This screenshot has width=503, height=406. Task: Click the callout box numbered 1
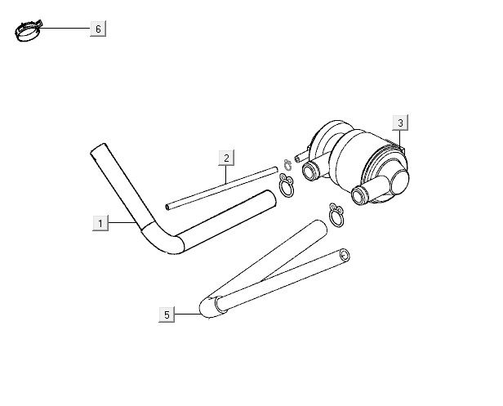tap(100, 223)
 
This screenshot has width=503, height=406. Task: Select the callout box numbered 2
tap(226, 158)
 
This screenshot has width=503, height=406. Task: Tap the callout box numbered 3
tap(400, 123)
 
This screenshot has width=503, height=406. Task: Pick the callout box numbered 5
tap(167, 315)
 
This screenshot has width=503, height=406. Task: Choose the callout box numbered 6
tap(98, 29)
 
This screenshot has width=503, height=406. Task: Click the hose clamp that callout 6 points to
tap(28, 30)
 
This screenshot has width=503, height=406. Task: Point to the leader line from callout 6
tap(65, 29)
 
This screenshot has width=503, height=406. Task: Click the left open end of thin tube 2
tap(167, 207)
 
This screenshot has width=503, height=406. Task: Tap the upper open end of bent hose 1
tap(99, 149)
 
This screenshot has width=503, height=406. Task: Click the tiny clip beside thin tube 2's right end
tap(287, 165)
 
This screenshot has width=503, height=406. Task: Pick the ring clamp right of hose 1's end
tap(287, 185)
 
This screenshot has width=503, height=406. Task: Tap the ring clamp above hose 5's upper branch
tap(336, 215)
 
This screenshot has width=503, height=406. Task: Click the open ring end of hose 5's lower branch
tap(345, 256)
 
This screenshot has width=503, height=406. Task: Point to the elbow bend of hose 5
tap(210, 307)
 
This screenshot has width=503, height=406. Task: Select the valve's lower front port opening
tap(358, 195)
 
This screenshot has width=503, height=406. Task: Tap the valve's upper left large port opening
tap(309, 171)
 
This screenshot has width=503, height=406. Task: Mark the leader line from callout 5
tap(187, 315)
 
